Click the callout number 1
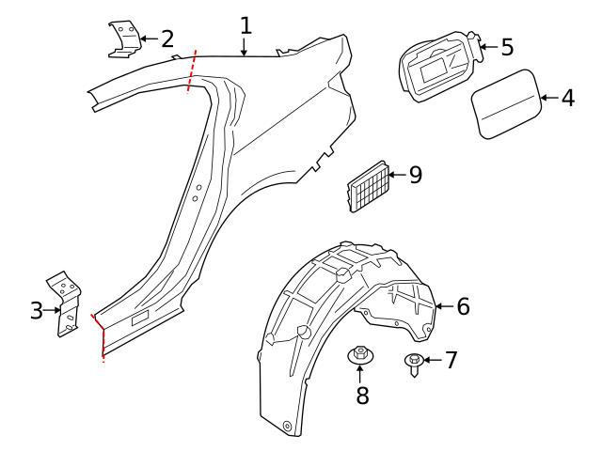pos(246,24)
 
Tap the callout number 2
pos(166,39)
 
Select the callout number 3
pos(37,310)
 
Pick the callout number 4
pos(567,97)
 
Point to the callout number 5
pos(506,45)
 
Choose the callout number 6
pos(462,305)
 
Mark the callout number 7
pos(451,359)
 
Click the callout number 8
pos(362,395)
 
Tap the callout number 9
pos(415,175)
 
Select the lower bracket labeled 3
pos(65,303)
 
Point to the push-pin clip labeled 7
pos(412,363)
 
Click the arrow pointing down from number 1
pos(245,48)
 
